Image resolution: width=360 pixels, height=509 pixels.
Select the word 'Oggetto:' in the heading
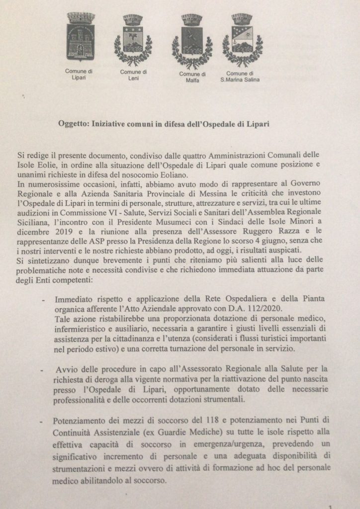tap(71, 124)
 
